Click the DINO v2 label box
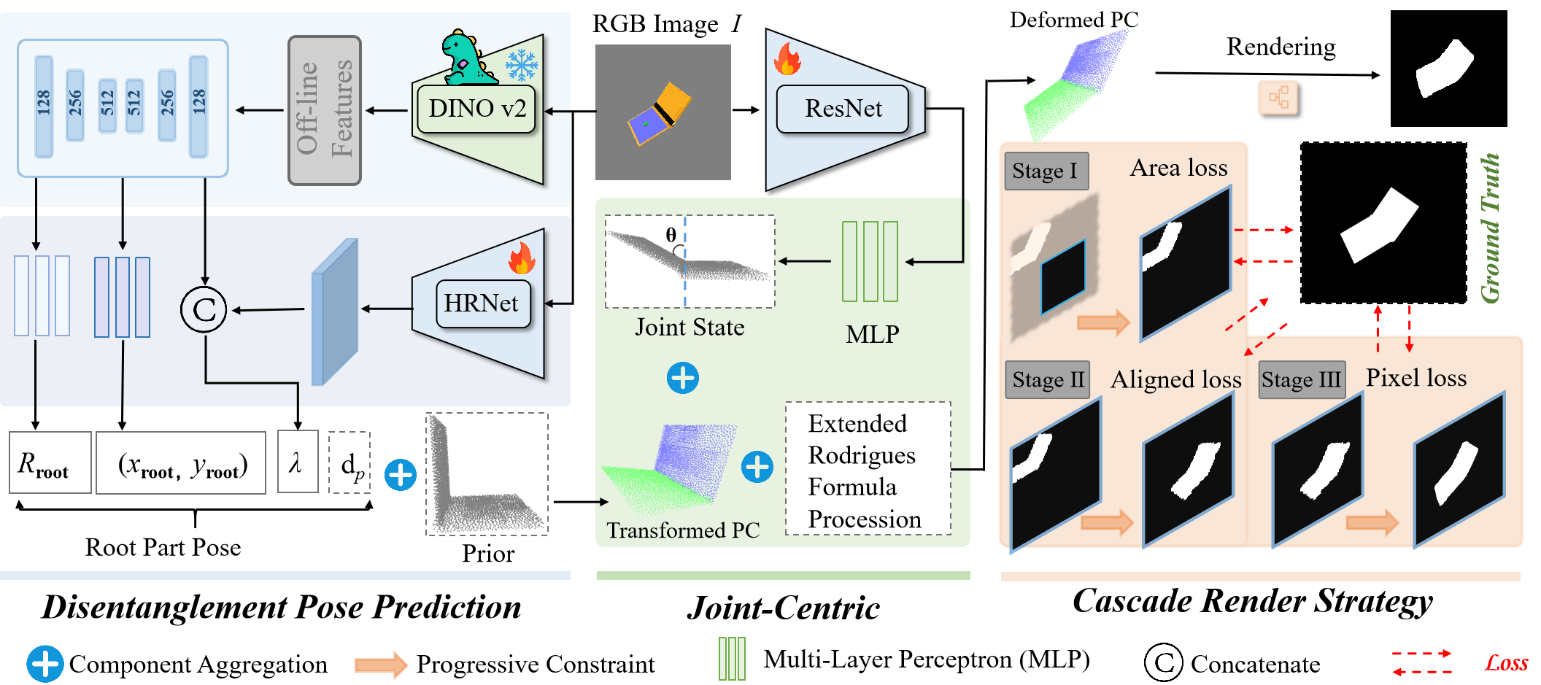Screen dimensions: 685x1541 click(476, 109)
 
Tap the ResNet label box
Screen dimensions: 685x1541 click(843, 109)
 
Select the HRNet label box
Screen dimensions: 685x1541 click(482, 303)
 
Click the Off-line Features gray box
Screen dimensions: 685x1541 click(325, 110)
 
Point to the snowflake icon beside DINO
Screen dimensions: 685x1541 click(522, 65)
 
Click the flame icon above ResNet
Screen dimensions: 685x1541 click(787, 59)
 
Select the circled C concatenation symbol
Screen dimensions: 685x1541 click(204, 310)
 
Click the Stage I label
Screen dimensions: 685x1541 click(1046, 171)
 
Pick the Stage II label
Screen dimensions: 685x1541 click(1047, 380)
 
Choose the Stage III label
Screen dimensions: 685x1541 click(1302, 380)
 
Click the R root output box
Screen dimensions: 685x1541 click(50, 463)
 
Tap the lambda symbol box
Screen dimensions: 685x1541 click(297, 462)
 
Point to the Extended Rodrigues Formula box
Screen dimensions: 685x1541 click(868, 469)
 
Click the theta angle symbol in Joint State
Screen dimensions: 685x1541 click(671, 235)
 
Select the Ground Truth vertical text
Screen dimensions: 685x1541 click(1489, 228)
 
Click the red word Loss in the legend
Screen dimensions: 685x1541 click(1506, 663)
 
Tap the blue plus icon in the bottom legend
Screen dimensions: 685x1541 click(45, 664)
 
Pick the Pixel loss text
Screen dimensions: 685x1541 click(1416, 378)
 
